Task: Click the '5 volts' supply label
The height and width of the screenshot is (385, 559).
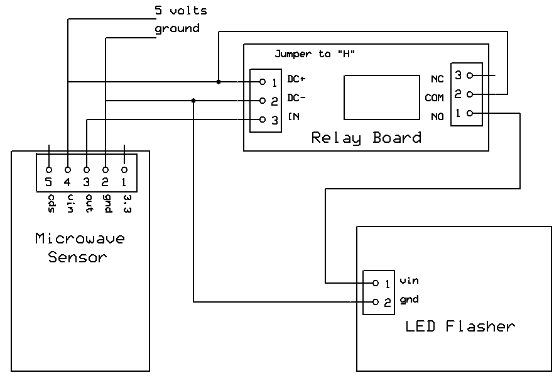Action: point(180,11)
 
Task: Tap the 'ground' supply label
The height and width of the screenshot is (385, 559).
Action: point(177,29)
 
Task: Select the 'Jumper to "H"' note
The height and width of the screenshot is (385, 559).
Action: point(315,54)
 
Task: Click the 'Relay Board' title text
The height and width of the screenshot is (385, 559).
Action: point(366,138)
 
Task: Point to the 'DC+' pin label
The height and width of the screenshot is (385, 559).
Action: point(296,79)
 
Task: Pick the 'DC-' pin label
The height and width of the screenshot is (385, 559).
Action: point(296,98)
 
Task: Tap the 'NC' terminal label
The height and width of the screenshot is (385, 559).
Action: point(437,79)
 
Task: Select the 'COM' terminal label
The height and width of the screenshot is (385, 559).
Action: point(434,98)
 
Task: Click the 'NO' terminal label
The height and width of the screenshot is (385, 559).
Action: point(437,117)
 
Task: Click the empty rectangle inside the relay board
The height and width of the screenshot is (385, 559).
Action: point(382,98)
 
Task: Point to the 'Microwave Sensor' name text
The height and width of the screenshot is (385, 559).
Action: point(79,247)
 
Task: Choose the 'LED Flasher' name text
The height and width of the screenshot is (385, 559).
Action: point(460,326)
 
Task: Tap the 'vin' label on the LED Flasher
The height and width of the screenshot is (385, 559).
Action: point(409,281)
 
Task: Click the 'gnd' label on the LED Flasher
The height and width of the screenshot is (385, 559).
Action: point(409,299)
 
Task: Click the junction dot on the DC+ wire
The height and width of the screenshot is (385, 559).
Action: point(218,82)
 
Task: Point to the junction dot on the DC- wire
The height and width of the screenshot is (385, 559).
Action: point(193,101)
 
